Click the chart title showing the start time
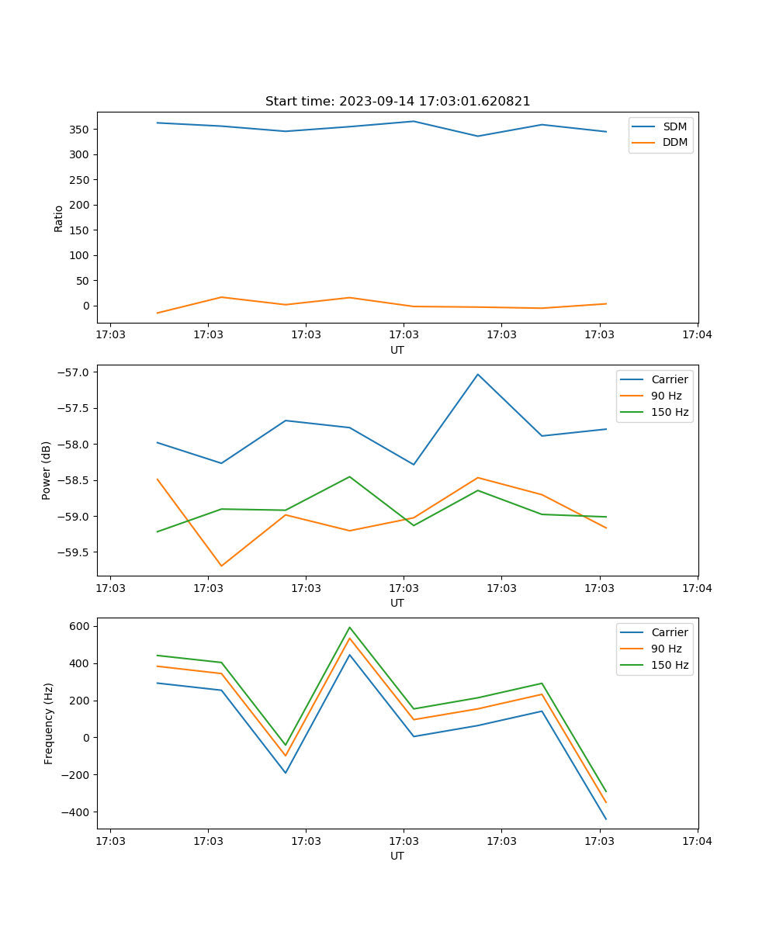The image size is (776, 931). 397,102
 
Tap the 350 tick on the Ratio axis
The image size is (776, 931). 80,130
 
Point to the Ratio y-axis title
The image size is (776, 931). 59,218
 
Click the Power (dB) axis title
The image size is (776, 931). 47,470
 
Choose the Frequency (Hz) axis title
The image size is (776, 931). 48,723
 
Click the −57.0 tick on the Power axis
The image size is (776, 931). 75,372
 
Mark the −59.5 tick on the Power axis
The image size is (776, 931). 75,553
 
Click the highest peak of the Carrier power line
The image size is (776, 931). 478,374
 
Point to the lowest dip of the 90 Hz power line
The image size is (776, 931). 221,566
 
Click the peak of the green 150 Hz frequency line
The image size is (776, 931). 349,628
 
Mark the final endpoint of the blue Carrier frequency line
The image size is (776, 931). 606,819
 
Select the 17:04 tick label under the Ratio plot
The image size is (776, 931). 697,335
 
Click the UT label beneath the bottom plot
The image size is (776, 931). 397,856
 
